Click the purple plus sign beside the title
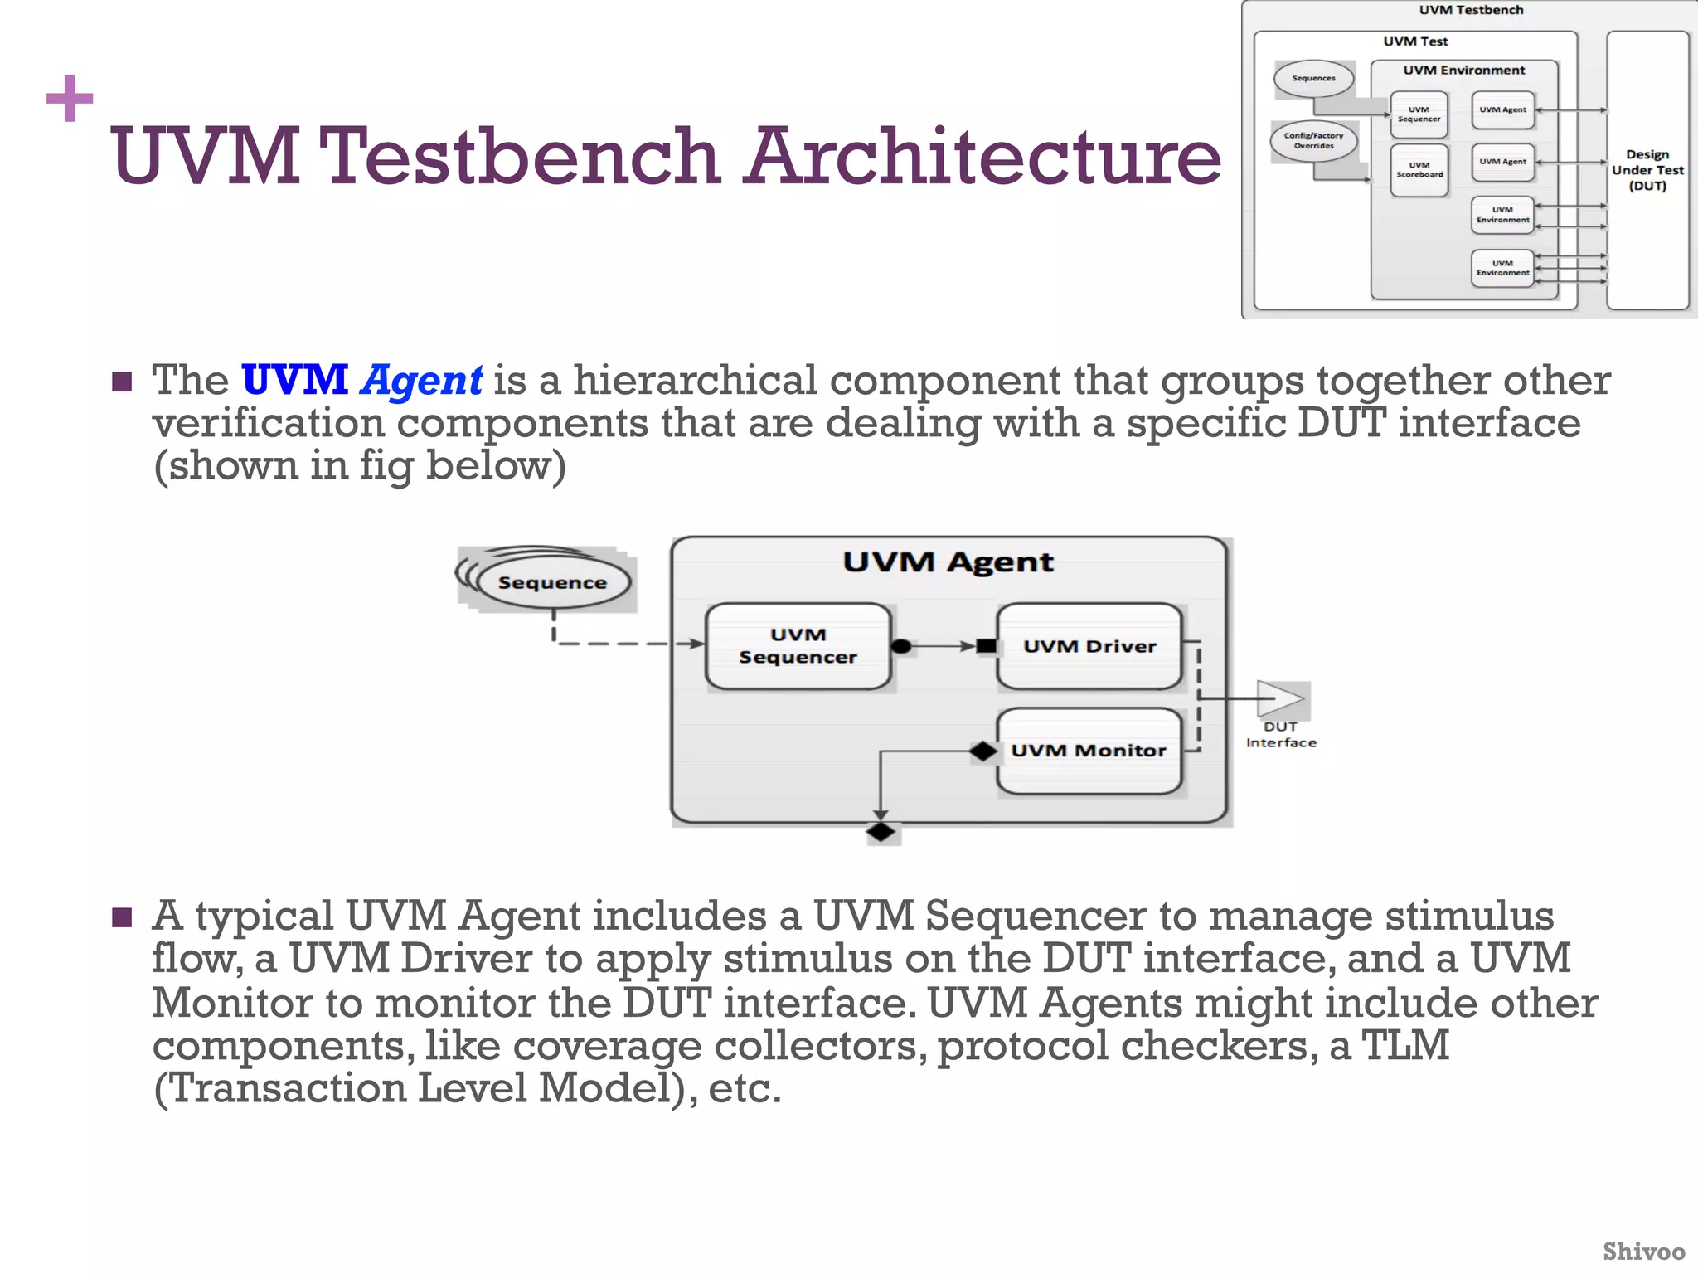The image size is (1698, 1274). coord(70,99)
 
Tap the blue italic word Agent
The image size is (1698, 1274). coord(422,381)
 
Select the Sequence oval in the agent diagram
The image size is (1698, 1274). coord(552,582)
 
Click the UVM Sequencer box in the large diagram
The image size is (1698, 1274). coord(798,646)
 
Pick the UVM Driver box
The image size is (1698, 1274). coord(1089,646)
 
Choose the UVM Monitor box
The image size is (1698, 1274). coord(1089,751)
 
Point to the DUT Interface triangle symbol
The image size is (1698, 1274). coord(1279,698)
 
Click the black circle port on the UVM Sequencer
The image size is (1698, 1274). coord(901,646)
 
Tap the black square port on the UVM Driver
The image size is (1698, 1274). coord(987,646)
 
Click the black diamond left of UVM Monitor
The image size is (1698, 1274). coord(983,751)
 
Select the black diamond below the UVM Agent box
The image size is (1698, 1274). coord(881,831)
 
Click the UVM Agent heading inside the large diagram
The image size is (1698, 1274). coord(948,562)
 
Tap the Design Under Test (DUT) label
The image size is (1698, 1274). coord(1647,170)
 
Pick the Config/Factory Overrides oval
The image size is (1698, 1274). coord(1313,141)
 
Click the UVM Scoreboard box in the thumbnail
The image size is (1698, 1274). coord(1419,170)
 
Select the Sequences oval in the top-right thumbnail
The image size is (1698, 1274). coord(1313,79)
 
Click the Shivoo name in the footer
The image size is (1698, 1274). coord(1643,1252)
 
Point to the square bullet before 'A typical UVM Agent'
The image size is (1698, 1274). coord(122,917)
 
